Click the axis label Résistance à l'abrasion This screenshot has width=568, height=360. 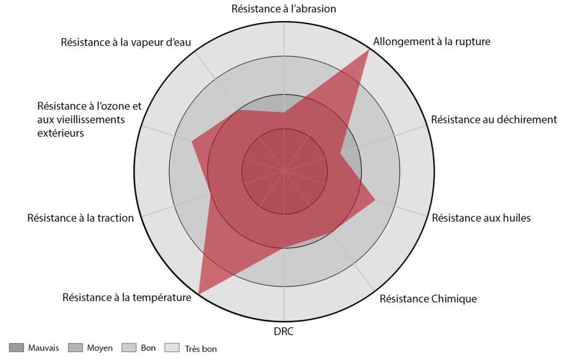pyautogui.click(x=283, y=9)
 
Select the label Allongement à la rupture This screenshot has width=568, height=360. pyautogui.click(x=432, y=42)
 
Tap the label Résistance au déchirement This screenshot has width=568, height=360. pyautogui.click(x=494, y=119)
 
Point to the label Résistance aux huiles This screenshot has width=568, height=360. pyautogui.click(x=481, y=217)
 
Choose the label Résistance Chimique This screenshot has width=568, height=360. pyautogui.click(x=428, y=299)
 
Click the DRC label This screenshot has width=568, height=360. pyautogui.click(x=283, y=332)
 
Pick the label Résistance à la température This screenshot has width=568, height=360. pyautogui.click(x=127, y=297)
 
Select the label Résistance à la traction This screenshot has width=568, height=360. pyautogui.click(x=80, y=217)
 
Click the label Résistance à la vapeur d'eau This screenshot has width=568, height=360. pyautogui.click(x=126, y=42)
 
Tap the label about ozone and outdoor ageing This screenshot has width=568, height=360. pyautogui.click(x=89, y=119)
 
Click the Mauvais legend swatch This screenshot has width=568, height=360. pyautogui.click(x=17, y=348)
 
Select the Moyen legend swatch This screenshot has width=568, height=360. pyautogui.click(x=75, y=348)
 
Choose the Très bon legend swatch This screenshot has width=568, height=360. pyautogui.click(x=175, y=348)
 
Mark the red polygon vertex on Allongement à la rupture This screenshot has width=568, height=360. pyautogui.click(x=369, y=50)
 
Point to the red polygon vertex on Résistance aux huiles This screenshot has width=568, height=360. pyautogui.click(x=375, y=199)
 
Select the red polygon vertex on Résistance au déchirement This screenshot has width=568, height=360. pyautogui.click(x=341, y=153)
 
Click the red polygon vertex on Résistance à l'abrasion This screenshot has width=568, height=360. pyautogui.click(x=284, y=112)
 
